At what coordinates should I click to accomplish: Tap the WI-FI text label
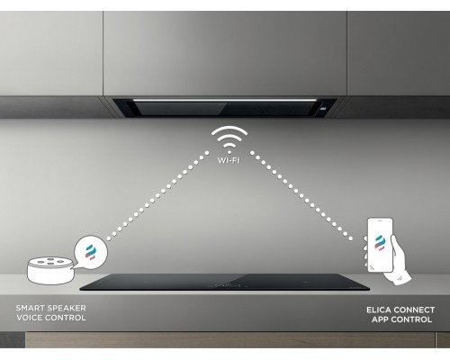pyautogui.click(x=229, y=160)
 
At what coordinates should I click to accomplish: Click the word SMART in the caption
pyautogui.click(x=30, y=308)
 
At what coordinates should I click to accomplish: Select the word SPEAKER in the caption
pyautogui.click(x=67, y=308)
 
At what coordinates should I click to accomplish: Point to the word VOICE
pyautogui.click(x=31, y=318)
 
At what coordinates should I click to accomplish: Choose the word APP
pyautogui.click(x=380, y=319)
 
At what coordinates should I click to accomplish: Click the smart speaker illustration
pyautogui.click(x=50, y=270)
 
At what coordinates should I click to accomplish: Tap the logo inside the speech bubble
pyautogui.click(x=90, y=252)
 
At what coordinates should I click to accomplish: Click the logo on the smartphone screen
pyautogui.click(x=380, y=243)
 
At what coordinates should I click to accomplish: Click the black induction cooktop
pyautogui.click(x=224, y=282)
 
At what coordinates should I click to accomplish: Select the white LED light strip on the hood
pyautogui.click(x=225, y=100)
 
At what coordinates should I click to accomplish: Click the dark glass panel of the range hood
pyautogui.click(x=222, y=109)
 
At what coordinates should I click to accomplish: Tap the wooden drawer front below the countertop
pyautogui.click(x=229, y=339)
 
